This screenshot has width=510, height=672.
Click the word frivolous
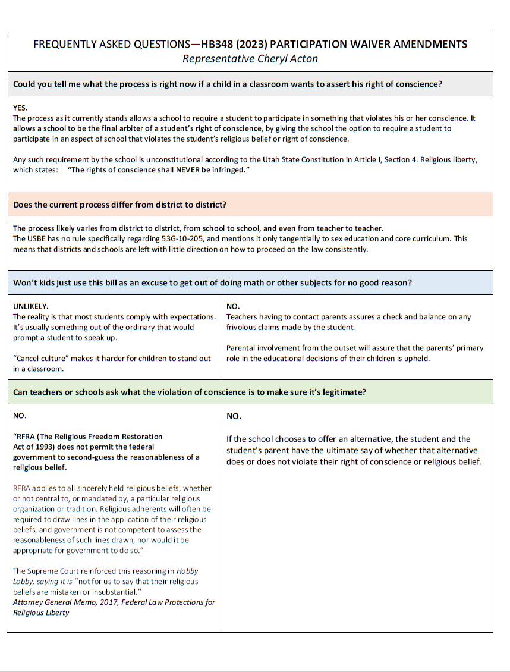[242, 327]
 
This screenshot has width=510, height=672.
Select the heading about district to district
[119, 205]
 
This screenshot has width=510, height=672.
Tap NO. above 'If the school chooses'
[234, 416]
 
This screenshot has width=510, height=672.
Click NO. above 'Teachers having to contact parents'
[232, 306]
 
